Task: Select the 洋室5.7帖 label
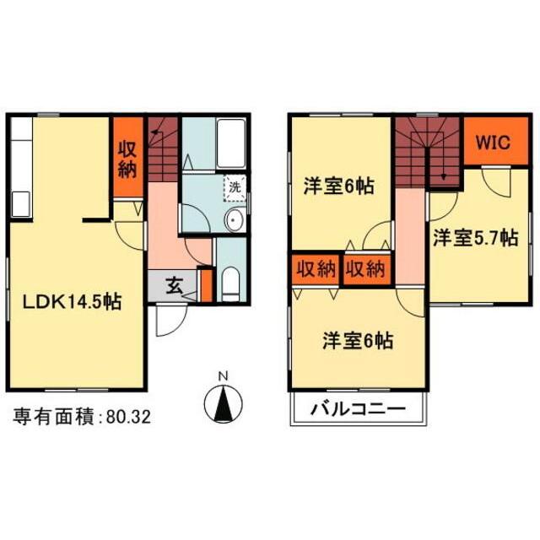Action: [x=475, y=239]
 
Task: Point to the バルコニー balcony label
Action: [x=359, y=411]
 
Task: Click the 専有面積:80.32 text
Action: [x=82, y=416]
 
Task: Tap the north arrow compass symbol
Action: [x=223, y=404]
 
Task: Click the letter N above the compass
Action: [x=223, y=376]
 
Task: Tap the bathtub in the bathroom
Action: [x=228, y=145]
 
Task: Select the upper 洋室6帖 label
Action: [x=339, y=186]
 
